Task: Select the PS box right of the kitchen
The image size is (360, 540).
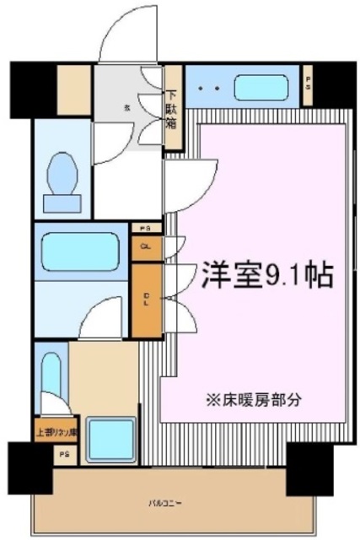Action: [x=308, y=84]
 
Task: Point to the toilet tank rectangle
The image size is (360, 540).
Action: [x=62, y=201]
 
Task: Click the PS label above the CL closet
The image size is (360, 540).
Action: [x=146, y=229]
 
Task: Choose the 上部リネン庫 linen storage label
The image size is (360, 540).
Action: [x=56, y=433]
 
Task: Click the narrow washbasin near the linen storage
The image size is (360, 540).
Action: [x=50, y=378]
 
